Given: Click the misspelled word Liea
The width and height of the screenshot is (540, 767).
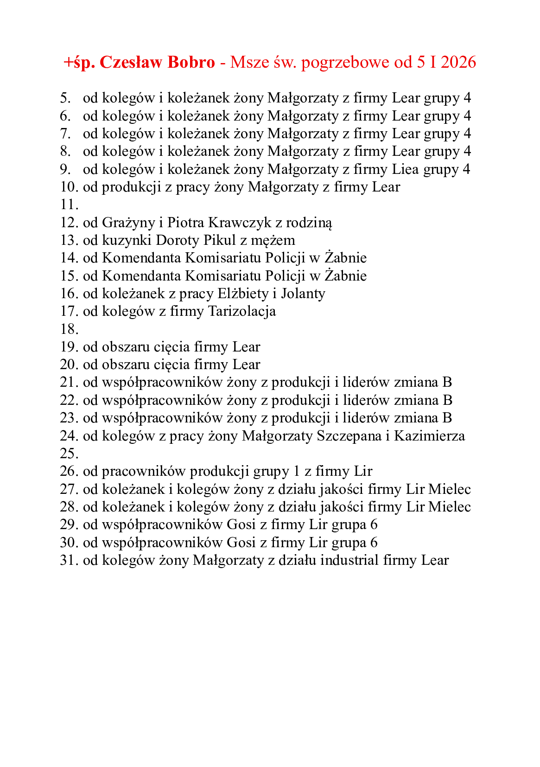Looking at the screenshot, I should pos(406,169).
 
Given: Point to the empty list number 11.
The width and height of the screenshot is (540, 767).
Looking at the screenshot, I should pos(69,205).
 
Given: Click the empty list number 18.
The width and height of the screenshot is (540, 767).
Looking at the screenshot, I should pos(69,329).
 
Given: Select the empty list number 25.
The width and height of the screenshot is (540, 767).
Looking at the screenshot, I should pos(69,454).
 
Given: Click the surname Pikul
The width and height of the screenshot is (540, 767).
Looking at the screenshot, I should pos(219,240).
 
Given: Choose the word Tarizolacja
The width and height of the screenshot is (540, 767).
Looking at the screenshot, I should pos(242,311).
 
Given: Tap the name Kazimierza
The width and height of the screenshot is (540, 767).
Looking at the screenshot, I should pos(429,436).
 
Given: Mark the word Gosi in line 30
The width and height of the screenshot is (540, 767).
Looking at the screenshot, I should pos(241,543).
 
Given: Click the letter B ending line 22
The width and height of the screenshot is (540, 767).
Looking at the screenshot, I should pos(447,400).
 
